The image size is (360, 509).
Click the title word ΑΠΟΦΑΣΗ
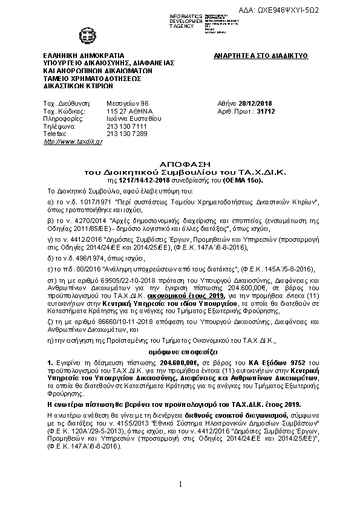pyautogui.click(x=180, y=164)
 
